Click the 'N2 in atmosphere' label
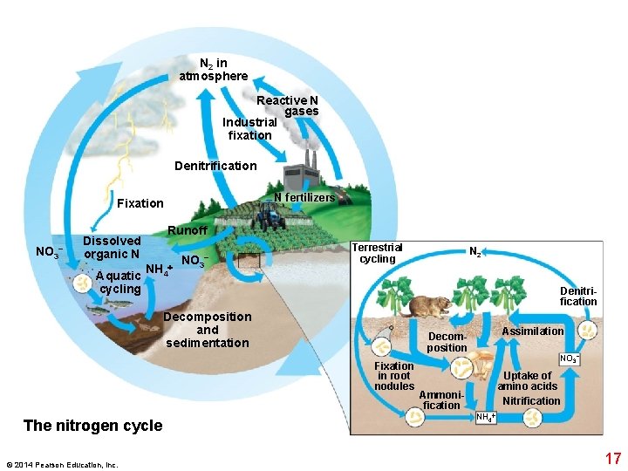click(x=214, y=70)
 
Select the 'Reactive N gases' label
click(x=288, y=106)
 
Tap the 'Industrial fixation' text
click(x=249, y=128)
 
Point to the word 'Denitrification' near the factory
click(x=215, y=166)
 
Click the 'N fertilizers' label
click(x=304, y=197)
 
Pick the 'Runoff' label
click(x=188, y=230)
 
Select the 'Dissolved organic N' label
click(x=112, y=247)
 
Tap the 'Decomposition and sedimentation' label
click(x=208, y=330)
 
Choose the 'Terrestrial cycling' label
click(x=377, y=253)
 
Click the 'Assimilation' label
click(x=532, y=331)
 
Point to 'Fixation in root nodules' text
click(x=394, y=376)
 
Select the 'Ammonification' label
click(x=440, y=400)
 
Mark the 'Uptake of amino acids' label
click(x=528, y=381)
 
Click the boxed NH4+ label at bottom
click(x=486, y=418)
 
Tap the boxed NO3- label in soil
click(x=569, y=358)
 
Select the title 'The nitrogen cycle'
click(x=92, y=426)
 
